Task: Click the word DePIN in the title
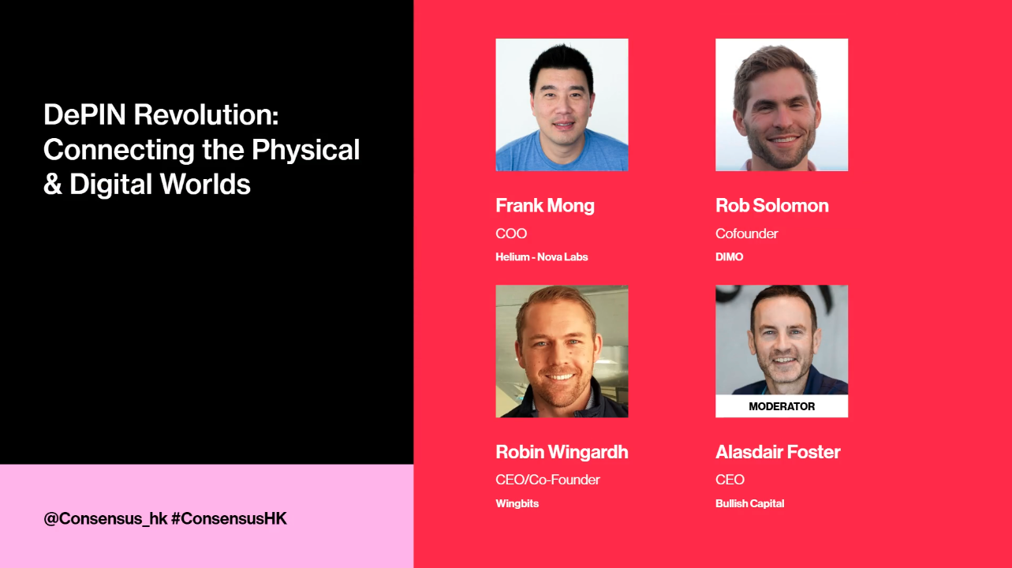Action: (84, 114)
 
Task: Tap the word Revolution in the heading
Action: (206, 114)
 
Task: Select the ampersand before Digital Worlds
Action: (53, 185)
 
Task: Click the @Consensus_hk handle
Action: (106, 519)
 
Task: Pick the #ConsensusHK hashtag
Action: (229, 518)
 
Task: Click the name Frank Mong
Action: (545, 206)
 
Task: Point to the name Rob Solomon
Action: (772, 206)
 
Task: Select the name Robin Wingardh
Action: (562, 452)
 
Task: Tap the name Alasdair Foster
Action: (778, 452)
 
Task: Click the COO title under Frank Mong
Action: (511, 234)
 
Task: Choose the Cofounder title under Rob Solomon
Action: (747, 234)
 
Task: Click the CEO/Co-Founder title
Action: (547, 480)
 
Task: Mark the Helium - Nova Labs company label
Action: (542, 257)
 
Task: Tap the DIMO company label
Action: (729, 257)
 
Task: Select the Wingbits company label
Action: (517, 504)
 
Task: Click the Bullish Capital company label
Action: (750, 504)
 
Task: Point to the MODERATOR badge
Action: (782, 406)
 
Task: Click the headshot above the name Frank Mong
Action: (562, 105)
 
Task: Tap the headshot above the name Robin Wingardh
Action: (562, 351)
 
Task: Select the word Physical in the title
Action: (305, 151)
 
